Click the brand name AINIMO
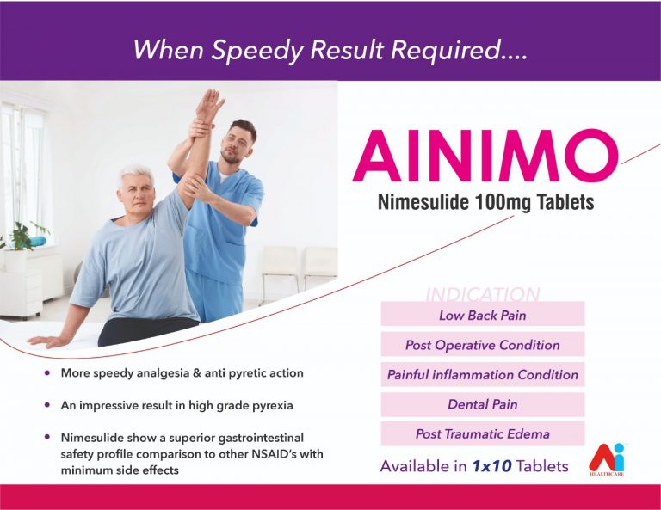coord(485,156)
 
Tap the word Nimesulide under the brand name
coord(423,202)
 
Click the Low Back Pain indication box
coord(483,316)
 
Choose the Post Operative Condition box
coord(483,345)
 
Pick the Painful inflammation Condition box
coord(483,374)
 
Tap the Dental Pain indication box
coord(483,404)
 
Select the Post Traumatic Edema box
coord(483,433)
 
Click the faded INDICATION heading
coord(483,294)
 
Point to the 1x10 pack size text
coord(492,466)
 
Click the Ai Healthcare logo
coord(606,459)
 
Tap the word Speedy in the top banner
coord(256,50)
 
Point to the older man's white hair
coord(135,175)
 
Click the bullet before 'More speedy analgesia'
coord(47,372)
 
